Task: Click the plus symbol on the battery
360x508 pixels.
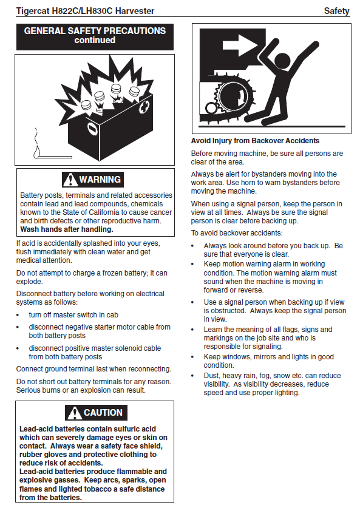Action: pyautogui.click(x=145, y=107)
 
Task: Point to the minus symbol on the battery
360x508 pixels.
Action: pyautogui.click(x=92, y=129)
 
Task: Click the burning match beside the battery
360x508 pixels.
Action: pyautogui.click(x=52, y=152)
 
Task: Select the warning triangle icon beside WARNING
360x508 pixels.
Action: pyautogui.click(x=70, y=180)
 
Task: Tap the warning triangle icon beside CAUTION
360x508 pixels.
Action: pyautogui.click(x=74, y=413)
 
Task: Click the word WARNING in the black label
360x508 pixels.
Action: pyautogui.click(x=100, y=180)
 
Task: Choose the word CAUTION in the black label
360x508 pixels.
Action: pyautogui.click(x=103, y=413)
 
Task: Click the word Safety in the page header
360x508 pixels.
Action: pyautogui.click(x=337, y=11)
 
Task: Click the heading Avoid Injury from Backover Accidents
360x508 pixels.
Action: pyautogui.click(x=255, y=141)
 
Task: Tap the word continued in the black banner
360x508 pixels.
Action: pyautogui.click(x=95, y=40)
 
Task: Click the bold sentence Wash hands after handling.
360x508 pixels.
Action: pyautogui.click(x=67, y=229)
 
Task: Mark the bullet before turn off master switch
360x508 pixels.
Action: pyautogui.click(x=18, y=315)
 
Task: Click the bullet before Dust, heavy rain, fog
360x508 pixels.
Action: pyautogui.click(x=192, y=376)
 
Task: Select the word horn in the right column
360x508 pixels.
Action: pyautogui.click(x=255, y=183)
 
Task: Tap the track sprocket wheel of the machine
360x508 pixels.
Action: pyautogui.click(x=232, y=97)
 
